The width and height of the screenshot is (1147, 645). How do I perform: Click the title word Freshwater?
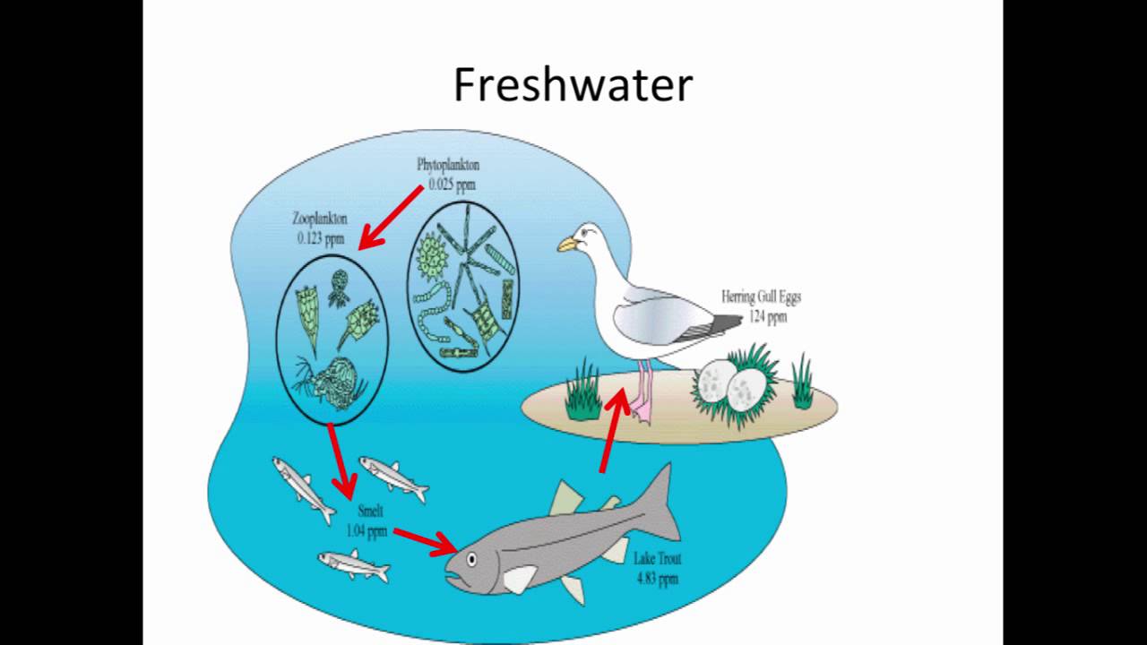[x=573, y=86]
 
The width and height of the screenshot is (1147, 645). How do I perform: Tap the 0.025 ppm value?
[x=452, y=185]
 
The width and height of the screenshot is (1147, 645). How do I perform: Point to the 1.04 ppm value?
[x=367, y=530]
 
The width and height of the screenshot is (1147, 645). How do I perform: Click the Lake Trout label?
[x=657, y=560]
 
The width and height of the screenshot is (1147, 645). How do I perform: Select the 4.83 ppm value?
[x=657, y=579]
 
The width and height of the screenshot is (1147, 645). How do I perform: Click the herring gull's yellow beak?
[x=568, y=243]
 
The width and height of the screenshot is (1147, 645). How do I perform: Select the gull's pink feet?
[x=642, y=409]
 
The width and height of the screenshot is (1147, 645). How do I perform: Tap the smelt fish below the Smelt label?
[x=355, y=565]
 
